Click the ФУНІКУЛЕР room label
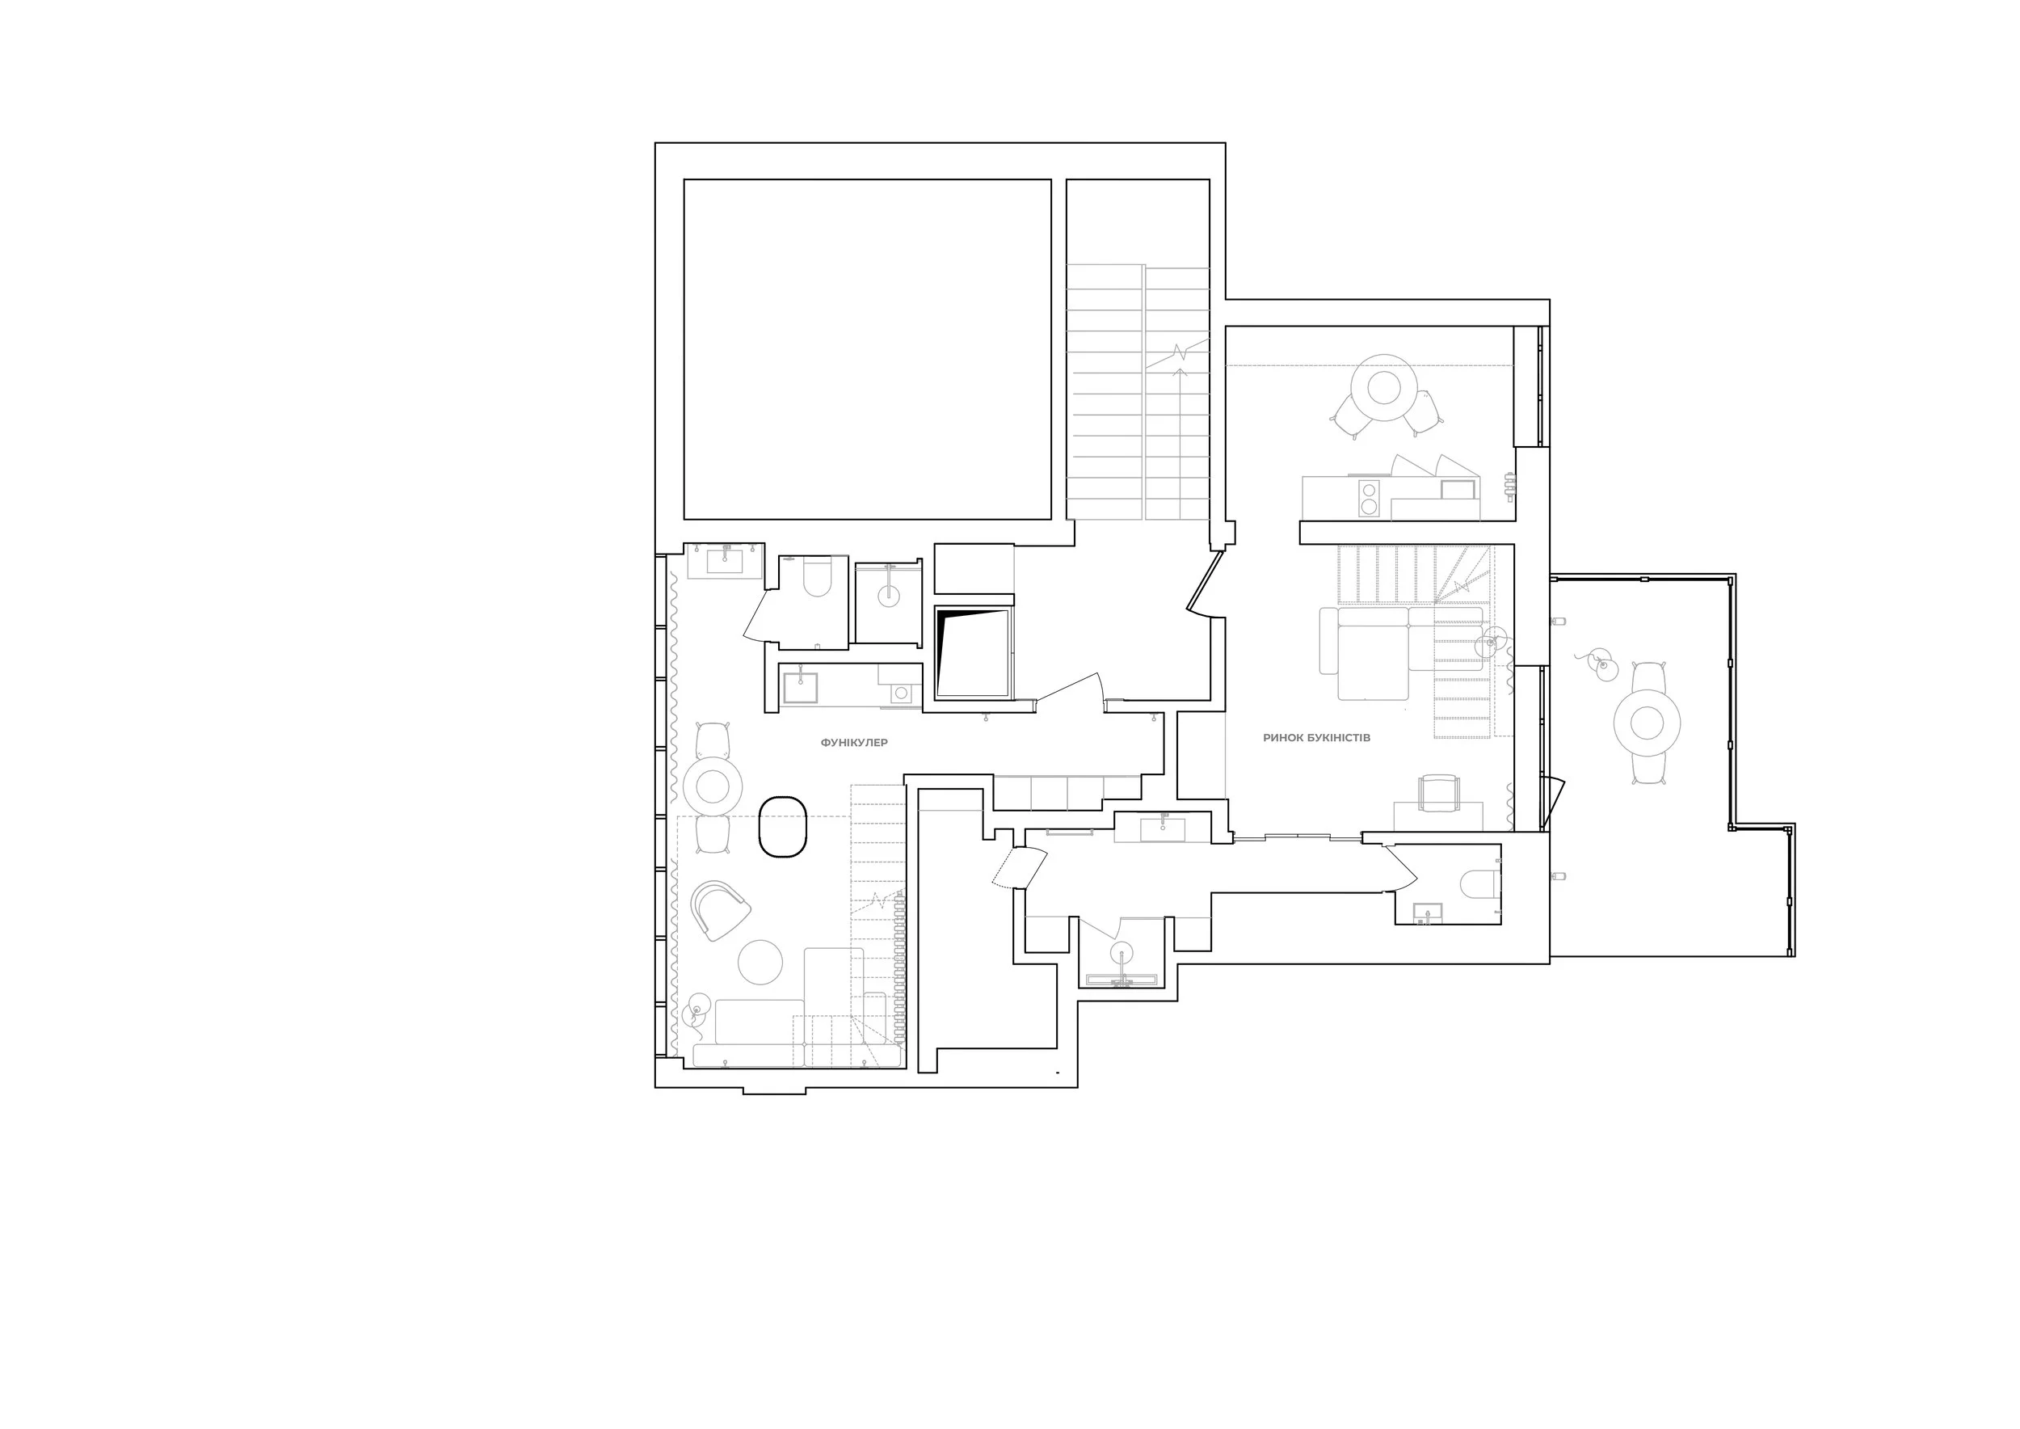pyautogui.click(x=853, y=743)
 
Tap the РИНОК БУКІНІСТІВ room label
pyautogui.click(x=1316, y=737)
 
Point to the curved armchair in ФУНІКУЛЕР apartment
pyautogui.click(x=719, y=910)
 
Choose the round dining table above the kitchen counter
pyautogui.click(x=1384, y=387)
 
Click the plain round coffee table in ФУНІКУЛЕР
pyautogui.click(x=760, y=962)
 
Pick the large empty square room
pyautogui.click(x=868, y=349)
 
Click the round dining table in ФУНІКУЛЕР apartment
pyautogui.click(x=713, y=786)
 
